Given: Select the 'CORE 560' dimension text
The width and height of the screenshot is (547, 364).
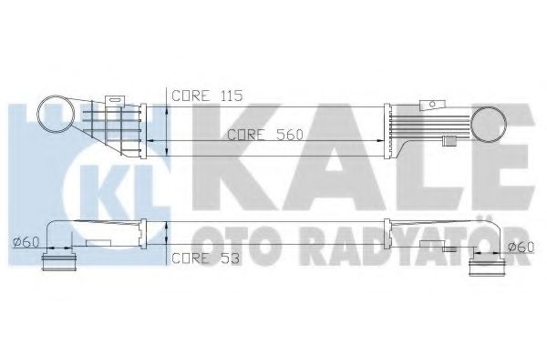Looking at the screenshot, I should point(264,134).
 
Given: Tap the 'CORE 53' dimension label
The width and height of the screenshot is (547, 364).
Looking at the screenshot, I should point(206,258).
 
